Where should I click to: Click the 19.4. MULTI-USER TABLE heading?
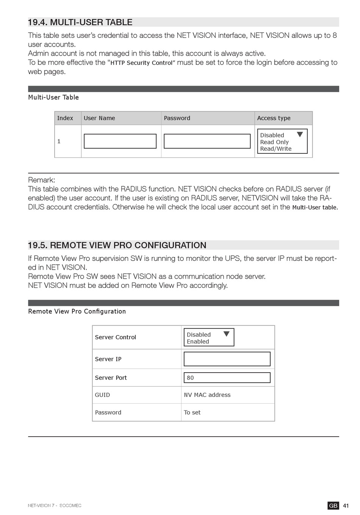coord(80,22)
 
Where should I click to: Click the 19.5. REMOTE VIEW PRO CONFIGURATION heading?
coord(117,245)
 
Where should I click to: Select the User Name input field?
coord(120,141)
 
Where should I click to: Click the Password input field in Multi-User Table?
coord(207,141)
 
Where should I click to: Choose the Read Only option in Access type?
coord(274,142)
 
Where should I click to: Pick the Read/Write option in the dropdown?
coord(276,149)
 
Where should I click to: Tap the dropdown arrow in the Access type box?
coord(300,134)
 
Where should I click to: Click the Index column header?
coord(65,118)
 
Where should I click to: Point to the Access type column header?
coord(274,118)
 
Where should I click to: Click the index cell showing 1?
coord(59,141)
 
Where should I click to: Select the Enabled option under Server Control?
coord(198,342)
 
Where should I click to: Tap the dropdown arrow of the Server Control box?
coord(227,334)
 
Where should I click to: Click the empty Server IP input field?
coord(227,359)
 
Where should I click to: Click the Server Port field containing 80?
coord(227,378)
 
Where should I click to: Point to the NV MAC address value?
coord(207,395)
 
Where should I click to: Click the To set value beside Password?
coord(192,412)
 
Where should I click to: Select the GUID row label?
coord(102,395)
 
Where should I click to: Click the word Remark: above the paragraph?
coord(42,180)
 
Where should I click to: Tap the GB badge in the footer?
coord(333,506)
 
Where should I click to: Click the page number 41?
coord(346,506)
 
